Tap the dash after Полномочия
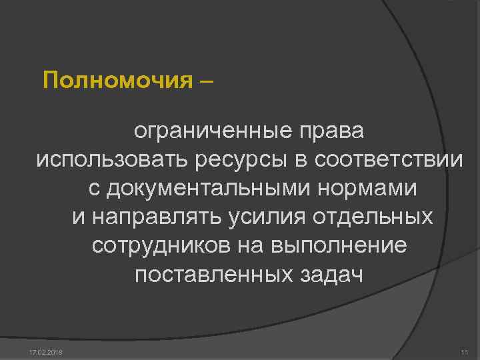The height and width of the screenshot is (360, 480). pyautogui.click(x=207, y=81)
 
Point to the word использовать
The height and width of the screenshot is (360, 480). pyautogui.click(x=113, y=160)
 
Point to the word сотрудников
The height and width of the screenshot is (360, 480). pyautogui.click(x=161, y=246)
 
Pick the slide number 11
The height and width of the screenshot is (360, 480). pyautogui.click(x=465, y=351)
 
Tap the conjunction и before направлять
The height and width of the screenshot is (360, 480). pyautogui.click(x=77, y=217)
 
